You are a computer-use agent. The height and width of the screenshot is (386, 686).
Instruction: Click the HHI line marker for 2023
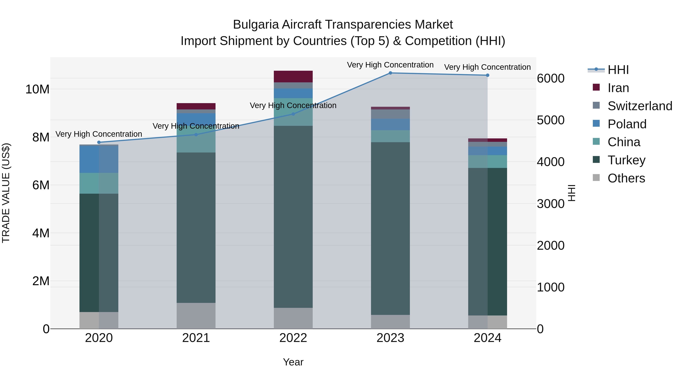click(390, 73)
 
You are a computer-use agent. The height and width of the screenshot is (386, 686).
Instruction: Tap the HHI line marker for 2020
click(99, 142)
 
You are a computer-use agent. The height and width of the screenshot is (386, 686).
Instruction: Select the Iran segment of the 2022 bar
click(293, 76)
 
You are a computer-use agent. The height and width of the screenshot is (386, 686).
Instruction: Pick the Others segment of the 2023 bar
click(390, 322)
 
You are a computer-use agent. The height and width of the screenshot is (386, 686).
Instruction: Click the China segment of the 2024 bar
click(488, 161)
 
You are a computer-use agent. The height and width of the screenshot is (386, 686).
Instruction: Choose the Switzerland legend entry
click(640, 106)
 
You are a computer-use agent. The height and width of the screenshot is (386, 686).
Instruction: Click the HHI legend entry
click(618, 70)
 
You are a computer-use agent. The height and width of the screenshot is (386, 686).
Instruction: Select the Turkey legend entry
click(626, 160)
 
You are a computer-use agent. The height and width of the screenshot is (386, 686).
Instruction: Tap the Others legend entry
click(626, 178)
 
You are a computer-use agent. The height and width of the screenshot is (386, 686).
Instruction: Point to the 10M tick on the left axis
click(38, 89)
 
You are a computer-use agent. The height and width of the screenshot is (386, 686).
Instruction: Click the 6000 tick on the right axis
click(551, 78)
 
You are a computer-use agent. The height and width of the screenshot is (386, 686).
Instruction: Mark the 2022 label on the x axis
click(293, 338)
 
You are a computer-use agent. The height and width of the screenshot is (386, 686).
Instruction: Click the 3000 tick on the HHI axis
click(551, 204)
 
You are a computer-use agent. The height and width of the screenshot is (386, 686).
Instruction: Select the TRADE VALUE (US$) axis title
click(6, 193)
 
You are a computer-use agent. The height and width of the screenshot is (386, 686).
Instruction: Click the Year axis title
click(293, 362)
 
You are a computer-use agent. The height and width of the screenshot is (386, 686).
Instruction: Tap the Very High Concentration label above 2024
click(487, 67)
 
